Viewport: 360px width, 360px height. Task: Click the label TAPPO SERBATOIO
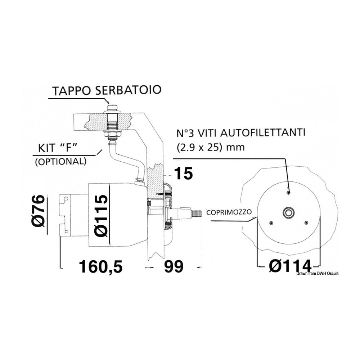[107, 90]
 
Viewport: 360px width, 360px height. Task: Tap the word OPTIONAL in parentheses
[61, 162]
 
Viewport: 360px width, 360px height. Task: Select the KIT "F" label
[57, 148]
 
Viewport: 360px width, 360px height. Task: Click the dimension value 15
[184, 173]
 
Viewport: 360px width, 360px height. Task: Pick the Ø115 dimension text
[101, 216]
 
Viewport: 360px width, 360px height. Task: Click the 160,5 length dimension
[101, 266]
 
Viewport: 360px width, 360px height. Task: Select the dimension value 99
[174, 266]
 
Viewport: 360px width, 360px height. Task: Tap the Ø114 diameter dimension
[290, 266]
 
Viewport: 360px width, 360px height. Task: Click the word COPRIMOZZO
[229, 212]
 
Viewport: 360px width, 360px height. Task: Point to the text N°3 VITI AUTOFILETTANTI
[241, 133]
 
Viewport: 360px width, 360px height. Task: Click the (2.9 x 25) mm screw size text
[211, 147]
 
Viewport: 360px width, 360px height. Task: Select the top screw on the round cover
[288, 192]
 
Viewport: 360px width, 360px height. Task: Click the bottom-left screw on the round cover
[271, 222]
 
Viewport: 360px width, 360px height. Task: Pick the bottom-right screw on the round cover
[306, 222]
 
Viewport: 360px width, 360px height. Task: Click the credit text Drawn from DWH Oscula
[317, 274]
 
